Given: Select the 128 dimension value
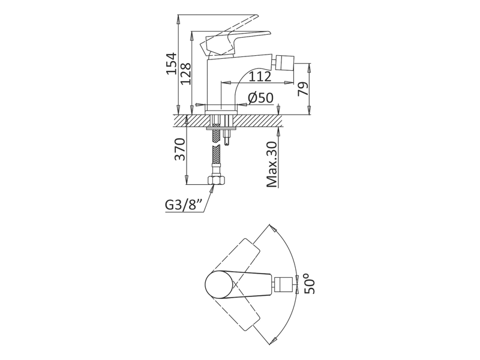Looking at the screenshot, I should [185, 73].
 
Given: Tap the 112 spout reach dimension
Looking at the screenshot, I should [260, 77].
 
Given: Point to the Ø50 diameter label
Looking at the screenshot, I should [260, 98].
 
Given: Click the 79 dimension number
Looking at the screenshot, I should [304, 88].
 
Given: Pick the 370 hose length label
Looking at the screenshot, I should [179, 149].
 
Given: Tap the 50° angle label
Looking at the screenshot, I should [310, 284].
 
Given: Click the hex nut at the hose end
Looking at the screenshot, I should [215, 179].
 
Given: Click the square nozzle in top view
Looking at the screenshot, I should [285, 284].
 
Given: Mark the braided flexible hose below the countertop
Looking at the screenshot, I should [215, 158].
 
